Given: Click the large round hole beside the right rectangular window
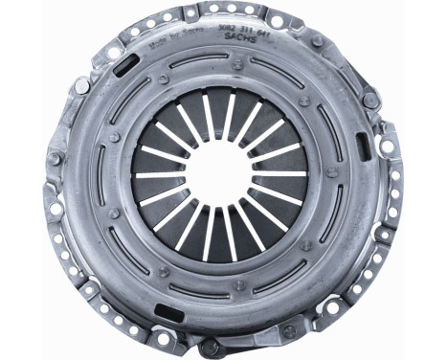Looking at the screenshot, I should coord(387,146).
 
